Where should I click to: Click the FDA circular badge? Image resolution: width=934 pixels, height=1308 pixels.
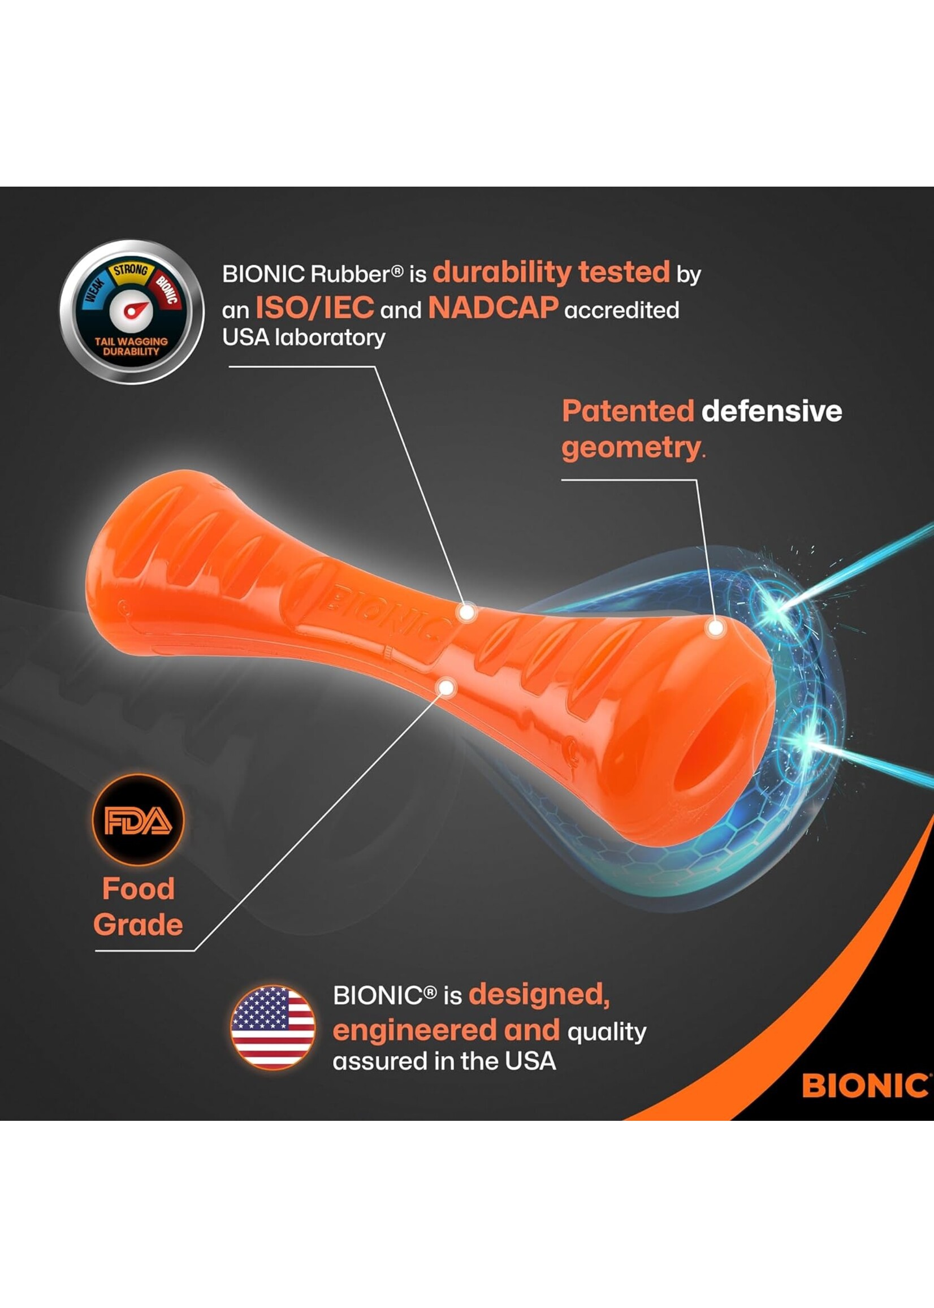pyautogui.click(x=138, y=820)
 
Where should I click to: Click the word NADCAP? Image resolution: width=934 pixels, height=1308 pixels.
pyautogui.click(x=493, y=308)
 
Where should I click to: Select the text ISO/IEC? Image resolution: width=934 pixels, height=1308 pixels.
pyautogui.click(x=314, y=308)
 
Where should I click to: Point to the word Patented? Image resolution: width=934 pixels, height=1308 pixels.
pyautogui.click(x=628, y=411)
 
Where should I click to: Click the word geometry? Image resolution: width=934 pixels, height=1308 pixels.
pyautogui.click(x=630, y=447)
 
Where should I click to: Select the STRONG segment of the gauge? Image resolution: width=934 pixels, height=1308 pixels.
pyautogui.click(x=131, y=270)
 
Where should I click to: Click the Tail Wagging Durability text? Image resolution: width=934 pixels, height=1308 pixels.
pyautogui.click(x=131, y=346)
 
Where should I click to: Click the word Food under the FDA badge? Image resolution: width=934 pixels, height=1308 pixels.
pyautogui.click(x=138, y=888)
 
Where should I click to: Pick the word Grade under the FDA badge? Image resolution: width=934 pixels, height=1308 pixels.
pyautogui.click(x=138, y=925)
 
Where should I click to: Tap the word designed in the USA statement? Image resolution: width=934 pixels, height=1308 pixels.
pyautogui.click(x=539, y=994)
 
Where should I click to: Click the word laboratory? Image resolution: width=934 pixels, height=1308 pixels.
pyautogui.click(x=330, y=338)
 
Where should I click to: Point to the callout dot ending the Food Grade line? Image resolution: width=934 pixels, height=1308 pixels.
pyautogui.click(x=447, y=686)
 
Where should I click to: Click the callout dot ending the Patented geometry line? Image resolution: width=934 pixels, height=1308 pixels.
pyautogui.click(x=715, y=628)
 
